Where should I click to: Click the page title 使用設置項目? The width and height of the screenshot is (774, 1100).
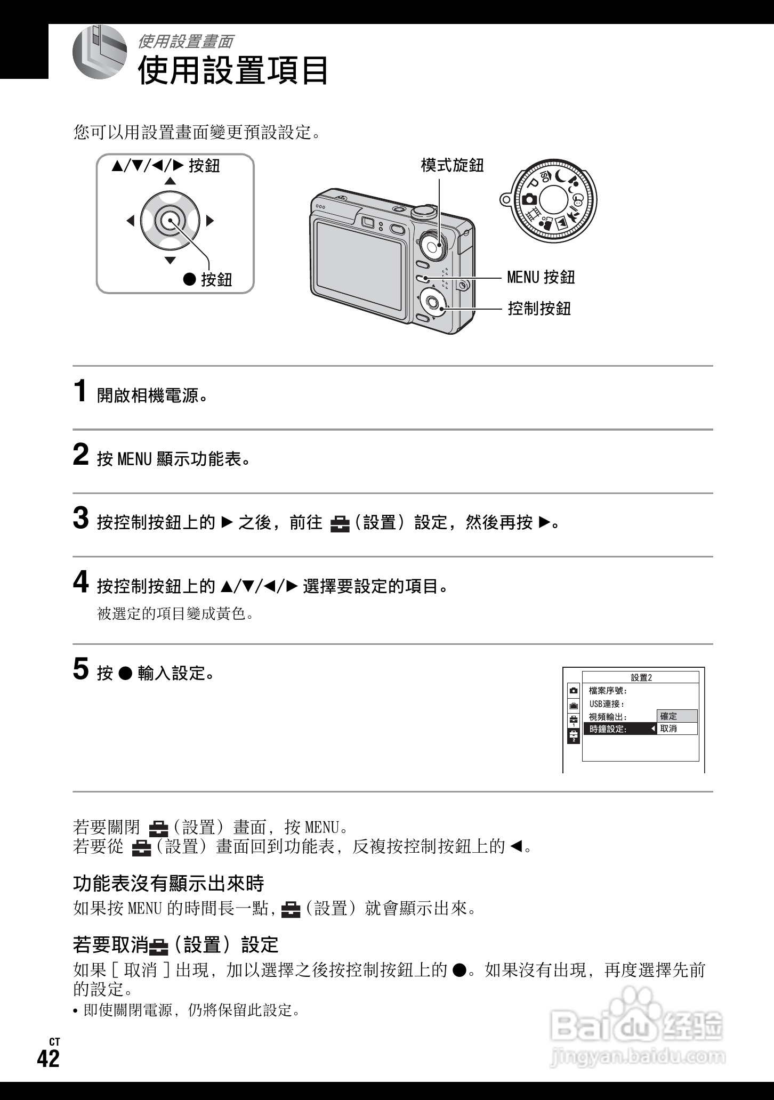tap(233, 70)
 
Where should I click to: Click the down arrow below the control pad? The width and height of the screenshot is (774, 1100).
tap(170, 260)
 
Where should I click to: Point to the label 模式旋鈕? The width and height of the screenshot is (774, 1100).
tap(452, 165)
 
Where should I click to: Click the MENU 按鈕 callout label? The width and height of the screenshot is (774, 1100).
tap(541, 277)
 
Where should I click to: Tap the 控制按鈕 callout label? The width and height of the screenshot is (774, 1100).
tap(539, 308)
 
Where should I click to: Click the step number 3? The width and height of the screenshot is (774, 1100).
tap(80, 519)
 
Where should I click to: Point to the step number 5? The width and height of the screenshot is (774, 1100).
tap(80, 669)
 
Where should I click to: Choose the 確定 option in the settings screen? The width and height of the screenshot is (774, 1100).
tap(676, 716)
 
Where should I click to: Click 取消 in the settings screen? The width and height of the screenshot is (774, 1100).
tap(676, 729)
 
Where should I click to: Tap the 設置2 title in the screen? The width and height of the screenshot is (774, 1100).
tap(641, 677)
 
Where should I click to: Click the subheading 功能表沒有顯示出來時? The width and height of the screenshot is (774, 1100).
tap(168, 884)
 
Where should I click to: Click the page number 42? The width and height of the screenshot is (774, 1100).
tap(49, 1058)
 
